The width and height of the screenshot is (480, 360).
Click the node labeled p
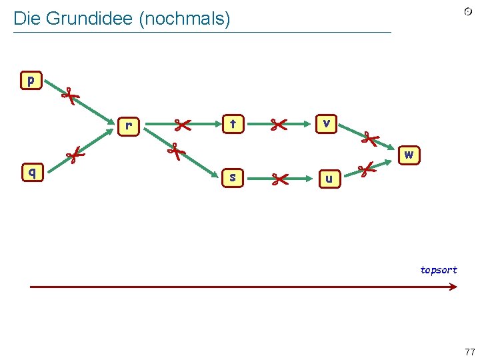[31, 81]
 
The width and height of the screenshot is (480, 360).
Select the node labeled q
[31, 172]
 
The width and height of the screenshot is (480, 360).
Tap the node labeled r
[129, 125]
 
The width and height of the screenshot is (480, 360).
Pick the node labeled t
[232, 123]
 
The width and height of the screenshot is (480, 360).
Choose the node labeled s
[232, 177]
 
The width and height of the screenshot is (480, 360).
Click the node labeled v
[325, 123]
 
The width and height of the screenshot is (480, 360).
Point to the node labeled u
[329, 179]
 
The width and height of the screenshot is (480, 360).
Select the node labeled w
[409, 155]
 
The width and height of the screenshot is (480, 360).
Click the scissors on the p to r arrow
[69, 96]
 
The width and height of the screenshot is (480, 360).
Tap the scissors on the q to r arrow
[75, 157]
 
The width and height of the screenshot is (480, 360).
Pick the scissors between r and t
[181, 124]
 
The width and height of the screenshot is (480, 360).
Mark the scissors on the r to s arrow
[175, 151]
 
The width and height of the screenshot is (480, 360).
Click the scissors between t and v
[278, 124]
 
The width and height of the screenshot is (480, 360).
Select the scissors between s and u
[279, 178]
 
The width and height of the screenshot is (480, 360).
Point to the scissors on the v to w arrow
[369, 139]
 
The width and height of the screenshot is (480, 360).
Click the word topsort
[438, 270]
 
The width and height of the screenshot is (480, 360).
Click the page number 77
[470, 352]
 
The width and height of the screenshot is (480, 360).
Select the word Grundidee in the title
[88, 19]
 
